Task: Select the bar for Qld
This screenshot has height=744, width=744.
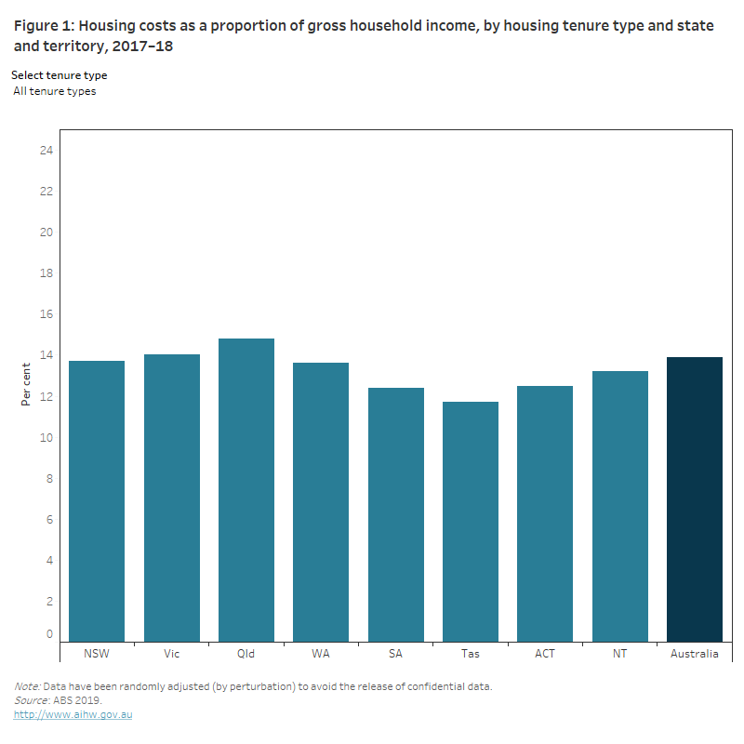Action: point(246,490)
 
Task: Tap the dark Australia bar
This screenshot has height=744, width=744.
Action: point(695,499)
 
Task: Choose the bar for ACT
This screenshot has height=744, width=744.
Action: point(545,513)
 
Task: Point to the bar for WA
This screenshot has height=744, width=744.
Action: point(321,502)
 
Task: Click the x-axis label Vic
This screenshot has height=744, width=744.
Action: point(171,654)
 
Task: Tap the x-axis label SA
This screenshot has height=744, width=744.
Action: point(395,654)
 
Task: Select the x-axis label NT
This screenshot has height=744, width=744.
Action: point(619,654)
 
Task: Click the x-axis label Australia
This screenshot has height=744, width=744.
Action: point(695,654)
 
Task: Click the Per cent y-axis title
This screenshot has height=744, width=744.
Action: point(26,384)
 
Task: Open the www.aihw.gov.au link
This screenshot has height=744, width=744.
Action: point(73,714)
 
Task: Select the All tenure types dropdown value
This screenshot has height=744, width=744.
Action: point(55,91)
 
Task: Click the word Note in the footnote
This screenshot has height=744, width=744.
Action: point(26,686)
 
